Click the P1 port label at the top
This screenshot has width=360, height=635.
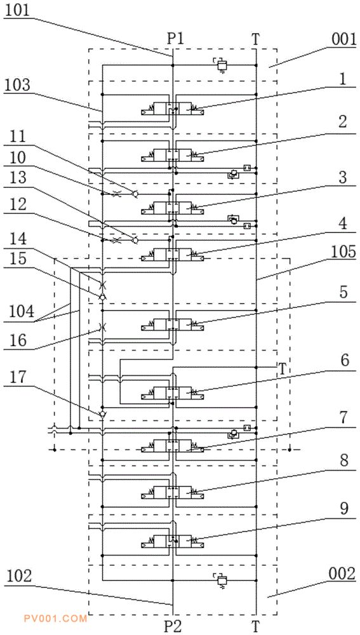point(175,39)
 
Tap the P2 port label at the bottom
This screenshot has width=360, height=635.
point(175,627)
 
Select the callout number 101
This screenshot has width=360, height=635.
point(17,11)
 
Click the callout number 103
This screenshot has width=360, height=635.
point(17,84)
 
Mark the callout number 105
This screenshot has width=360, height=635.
point(343,251)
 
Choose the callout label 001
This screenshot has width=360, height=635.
point(343,39)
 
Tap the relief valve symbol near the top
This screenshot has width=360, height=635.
point(221,65)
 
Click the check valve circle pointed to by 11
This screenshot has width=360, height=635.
point(135,195)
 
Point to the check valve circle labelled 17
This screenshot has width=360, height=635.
point(102,414)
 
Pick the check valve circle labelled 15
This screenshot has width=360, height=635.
point(102,297)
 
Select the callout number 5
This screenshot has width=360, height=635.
point(343,293)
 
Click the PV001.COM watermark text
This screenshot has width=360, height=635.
point(55,618)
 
